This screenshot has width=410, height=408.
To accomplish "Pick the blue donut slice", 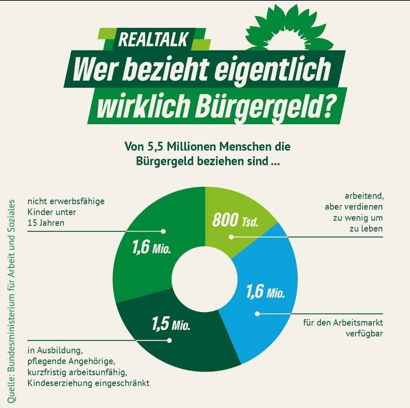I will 262,303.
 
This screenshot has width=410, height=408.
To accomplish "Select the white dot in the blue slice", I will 257,314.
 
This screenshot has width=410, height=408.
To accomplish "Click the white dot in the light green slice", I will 231,237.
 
